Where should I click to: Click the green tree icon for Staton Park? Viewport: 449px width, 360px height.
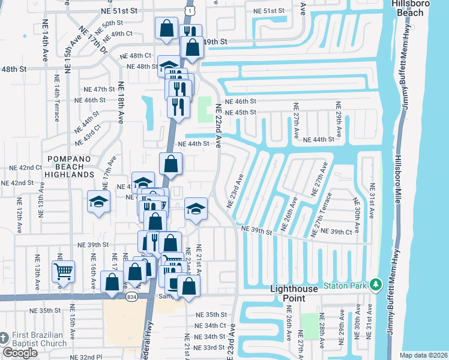click(376, 284)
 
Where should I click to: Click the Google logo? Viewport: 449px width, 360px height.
click(20, 353)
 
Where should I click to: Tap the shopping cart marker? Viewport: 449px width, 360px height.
click(63, 271)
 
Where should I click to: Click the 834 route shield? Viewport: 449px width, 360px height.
click(131, 296)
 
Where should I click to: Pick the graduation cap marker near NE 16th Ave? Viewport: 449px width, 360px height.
click(97, 202)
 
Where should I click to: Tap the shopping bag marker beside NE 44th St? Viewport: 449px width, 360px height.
click(170, 164)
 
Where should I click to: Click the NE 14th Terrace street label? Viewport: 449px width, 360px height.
click(56, 103)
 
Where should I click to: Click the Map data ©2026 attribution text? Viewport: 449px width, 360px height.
click(423, 355)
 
